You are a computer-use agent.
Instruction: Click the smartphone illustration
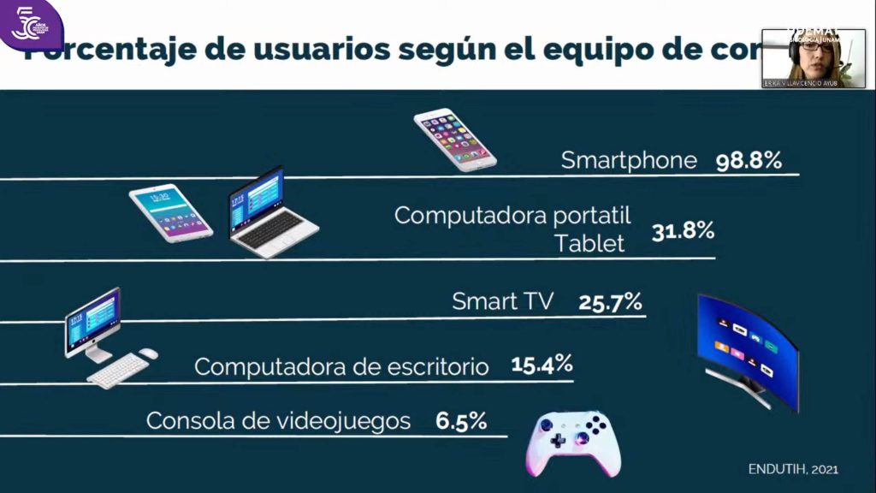(455, 139)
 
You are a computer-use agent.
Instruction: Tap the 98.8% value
(748, 160)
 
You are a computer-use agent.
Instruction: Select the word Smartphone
(629, 161)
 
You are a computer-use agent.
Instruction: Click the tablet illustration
(171, 212)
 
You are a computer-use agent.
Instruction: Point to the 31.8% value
(683, 231)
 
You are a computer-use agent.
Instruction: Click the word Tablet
(589, 243)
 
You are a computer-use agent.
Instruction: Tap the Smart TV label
(502, 301)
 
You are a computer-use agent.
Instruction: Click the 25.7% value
(610, 301)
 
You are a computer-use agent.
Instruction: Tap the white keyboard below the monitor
(117, 371)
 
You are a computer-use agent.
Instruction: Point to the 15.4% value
(542, 365)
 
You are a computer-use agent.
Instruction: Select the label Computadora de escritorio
(341, 367)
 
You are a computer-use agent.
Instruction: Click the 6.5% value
(461, 421)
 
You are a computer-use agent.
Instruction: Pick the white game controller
(571, 443)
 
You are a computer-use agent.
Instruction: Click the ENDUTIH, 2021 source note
(792, 469)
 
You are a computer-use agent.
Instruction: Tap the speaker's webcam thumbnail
(813, 58)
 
